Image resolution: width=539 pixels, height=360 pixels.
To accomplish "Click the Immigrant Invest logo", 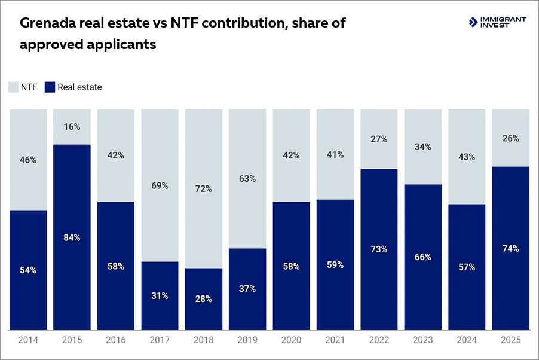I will (497, 22).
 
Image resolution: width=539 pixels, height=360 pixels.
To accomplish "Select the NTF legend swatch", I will (13, 87).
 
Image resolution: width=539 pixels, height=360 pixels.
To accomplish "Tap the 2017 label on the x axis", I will (160, 340).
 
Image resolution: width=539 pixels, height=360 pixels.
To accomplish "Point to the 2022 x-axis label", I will (379, 340).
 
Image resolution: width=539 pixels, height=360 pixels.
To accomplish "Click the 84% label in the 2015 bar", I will (72, 237).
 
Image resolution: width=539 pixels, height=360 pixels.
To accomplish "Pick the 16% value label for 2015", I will (72, 127).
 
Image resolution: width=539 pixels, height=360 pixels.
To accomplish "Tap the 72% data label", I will (204, 189).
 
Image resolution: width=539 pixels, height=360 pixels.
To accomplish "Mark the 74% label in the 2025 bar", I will (511, 248).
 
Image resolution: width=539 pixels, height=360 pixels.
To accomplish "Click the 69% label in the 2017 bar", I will (160, 186).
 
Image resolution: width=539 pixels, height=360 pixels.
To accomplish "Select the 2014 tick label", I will (28, 340).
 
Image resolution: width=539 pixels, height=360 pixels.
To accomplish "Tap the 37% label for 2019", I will (247, 289).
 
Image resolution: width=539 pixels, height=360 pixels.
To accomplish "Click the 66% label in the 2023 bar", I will (423, 257).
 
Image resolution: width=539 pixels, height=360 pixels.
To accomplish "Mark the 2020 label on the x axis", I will (291, 340).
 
